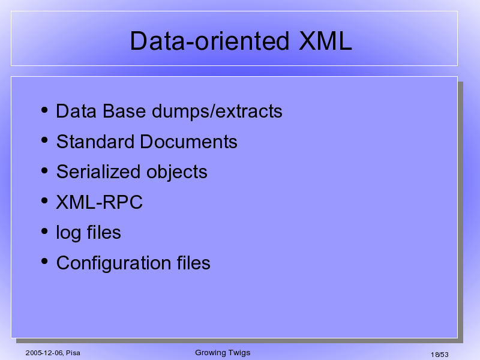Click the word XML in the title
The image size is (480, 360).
pos(325,41)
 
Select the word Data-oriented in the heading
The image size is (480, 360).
pos(209,41)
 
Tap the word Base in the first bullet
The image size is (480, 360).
pos(124,111)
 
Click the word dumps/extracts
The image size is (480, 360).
pos(217,111)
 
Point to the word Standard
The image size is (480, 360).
pos(95,142)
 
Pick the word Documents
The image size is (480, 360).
pos(188,142)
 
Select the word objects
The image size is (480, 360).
pos(177,172)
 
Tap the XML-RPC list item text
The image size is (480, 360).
pos(99,202)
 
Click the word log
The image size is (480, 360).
pos(68,233)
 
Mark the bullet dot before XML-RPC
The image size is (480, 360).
pos(44,201)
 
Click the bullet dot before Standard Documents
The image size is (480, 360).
pos(44,140)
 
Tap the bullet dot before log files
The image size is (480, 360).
pos(44,231)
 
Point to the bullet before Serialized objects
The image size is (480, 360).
pos(44,170)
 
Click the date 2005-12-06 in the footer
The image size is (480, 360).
pos(44,353)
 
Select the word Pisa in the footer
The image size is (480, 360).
pos(73,353)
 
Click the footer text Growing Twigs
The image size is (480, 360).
pos(223,353)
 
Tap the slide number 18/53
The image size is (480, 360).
pos(440,355)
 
